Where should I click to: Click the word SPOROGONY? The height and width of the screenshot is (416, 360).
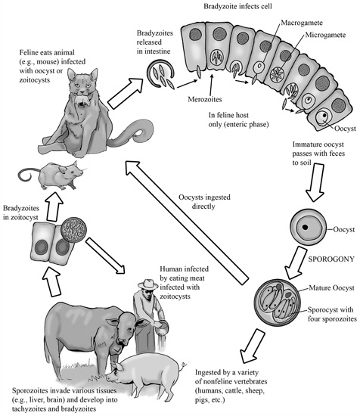[331, 259]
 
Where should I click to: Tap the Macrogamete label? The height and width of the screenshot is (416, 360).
[302, 23]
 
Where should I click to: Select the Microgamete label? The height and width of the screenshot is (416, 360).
[325, 35]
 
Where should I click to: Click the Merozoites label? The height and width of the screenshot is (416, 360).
[205, 99]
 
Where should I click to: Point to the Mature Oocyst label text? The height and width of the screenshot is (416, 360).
[331, 288]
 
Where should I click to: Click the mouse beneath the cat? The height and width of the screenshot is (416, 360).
[51, 175]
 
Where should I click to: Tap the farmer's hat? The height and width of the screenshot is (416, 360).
[147, 284]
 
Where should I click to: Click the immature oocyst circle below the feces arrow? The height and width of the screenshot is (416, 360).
[309, 228]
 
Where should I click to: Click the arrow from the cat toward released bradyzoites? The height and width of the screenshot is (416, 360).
[126, 93]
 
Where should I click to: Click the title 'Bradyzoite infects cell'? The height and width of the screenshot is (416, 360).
[237, 6]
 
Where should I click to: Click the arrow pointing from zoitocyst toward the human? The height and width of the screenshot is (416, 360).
[105, 256]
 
